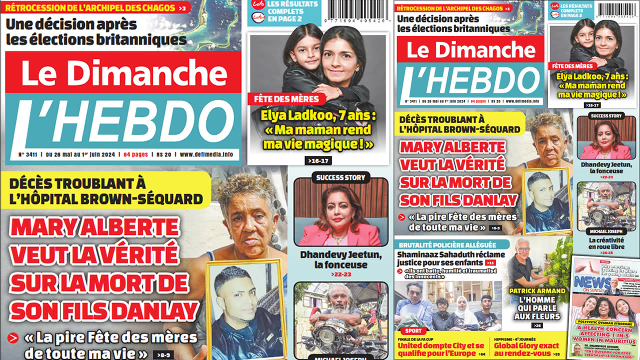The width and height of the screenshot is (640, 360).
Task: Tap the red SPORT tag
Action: coord(413,331)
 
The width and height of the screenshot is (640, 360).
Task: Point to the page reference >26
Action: coord(537,325)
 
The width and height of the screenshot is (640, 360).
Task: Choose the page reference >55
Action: coord(556,354)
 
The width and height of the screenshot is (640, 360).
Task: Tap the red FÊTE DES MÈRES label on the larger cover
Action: coord(286,99)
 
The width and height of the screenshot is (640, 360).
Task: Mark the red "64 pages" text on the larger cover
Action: coord(136,154)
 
